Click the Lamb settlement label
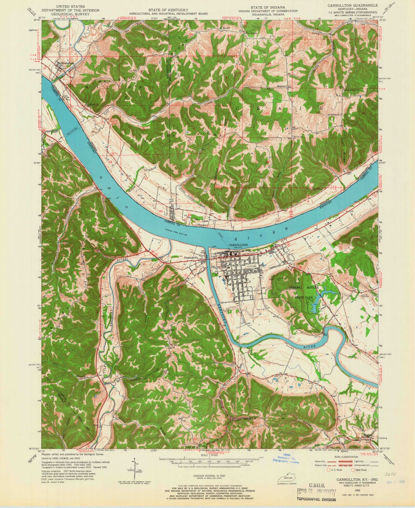point(205,221)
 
